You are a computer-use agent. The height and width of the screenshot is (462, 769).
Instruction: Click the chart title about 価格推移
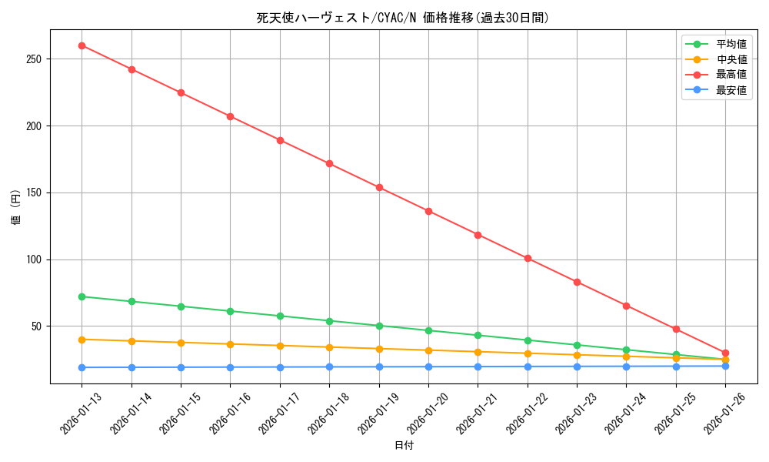(x=402, y=18)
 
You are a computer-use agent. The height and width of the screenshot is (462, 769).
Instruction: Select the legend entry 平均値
(x=731, y=44)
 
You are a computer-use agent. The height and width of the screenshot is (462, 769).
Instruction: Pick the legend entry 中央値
(x=731, y=59)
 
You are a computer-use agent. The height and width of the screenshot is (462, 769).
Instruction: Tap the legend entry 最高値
(x=731, y=75)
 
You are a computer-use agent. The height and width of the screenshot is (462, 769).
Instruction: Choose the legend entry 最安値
(x=731, y=90)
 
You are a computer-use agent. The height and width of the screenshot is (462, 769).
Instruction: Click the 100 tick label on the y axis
(x=37, y=259)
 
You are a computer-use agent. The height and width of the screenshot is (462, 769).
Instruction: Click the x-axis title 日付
(x=404, y=446)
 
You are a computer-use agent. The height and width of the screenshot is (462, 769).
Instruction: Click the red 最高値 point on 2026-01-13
(x=82, y=45)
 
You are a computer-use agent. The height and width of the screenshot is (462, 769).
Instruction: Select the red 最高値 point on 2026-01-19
(x=379, y=187)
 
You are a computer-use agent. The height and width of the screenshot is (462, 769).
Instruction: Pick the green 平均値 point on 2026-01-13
(x=82, y=296)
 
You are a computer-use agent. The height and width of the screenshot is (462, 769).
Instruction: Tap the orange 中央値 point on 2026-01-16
(x=230, y=344)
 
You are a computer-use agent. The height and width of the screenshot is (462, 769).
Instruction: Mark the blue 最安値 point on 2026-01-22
(x=528, y=367)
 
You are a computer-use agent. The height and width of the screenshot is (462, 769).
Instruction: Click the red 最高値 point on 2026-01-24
(x=626, y=306)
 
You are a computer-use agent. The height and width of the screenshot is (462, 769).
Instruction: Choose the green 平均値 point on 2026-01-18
(x=329, y=321)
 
